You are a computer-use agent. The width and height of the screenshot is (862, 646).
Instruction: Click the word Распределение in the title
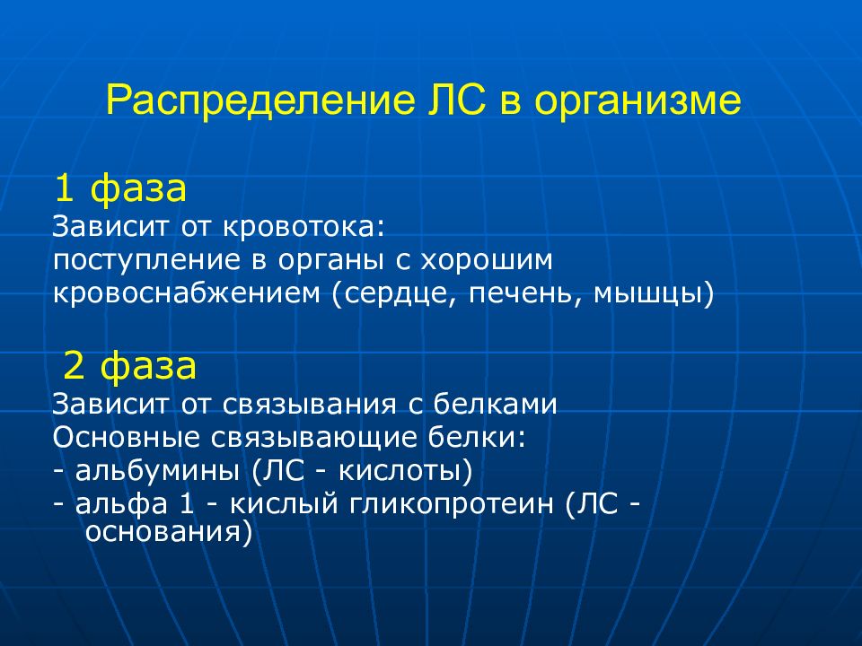[x=260, y=101]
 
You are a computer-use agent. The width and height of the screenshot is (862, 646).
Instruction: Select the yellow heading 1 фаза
[x=120, y=188]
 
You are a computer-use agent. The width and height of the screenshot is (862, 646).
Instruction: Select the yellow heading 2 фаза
[x=129, y=366]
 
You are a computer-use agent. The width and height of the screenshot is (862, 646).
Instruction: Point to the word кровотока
[x=304, y=226]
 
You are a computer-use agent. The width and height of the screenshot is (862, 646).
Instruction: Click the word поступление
[x=146, y=261]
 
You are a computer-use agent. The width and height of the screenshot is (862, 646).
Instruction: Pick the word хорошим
[x=486, y=259]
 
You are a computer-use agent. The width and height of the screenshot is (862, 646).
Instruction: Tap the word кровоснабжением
[x=187, y=292]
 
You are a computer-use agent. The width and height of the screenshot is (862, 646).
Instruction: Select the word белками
[x=495, y=404]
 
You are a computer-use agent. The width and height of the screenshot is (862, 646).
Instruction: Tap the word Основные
[x=126, y=437]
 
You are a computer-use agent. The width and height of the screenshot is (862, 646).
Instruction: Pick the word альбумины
[x=157, y=471]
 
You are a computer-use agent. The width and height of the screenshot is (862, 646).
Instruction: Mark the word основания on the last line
[x=163, y=532]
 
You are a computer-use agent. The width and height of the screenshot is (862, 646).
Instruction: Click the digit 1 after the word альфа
[x=187, y=503]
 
